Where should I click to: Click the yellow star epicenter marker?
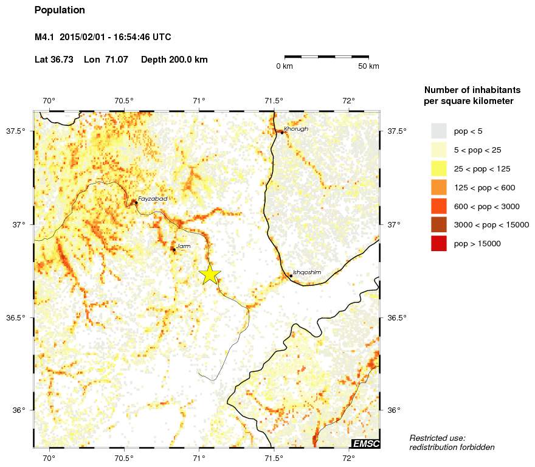click(209, 274)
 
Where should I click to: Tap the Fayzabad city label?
click(152, 199)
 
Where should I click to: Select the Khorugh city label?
click(296, 129)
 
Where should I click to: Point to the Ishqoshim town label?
click(306, 272)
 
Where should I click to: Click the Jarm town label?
click(183, 246)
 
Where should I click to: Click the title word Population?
click(60, 10)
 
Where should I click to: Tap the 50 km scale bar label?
click(368, 66)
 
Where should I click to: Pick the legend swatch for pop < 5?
click(438, 131)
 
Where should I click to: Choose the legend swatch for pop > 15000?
click(438, 243)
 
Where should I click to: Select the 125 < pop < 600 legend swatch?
click(438, 187)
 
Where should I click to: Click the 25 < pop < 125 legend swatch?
click(438, 168)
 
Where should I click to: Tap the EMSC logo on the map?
click(366, 444)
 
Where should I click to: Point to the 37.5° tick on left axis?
click(24, 131)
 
